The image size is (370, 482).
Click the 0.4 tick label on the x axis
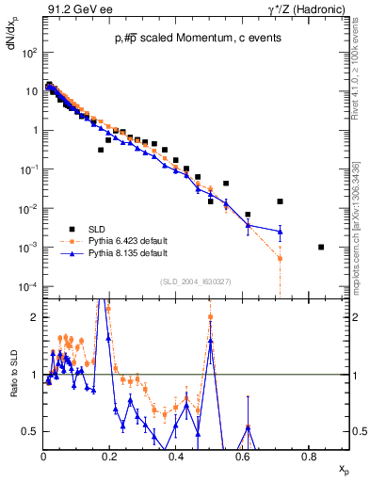(x=176, y=458)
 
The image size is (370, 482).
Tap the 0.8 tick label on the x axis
(x=308, y=458)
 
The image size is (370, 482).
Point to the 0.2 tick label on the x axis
(x=109, y=458)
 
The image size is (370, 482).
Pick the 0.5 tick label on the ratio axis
(x=31, y=431)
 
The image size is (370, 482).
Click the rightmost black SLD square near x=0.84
(x=321, y=248)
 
